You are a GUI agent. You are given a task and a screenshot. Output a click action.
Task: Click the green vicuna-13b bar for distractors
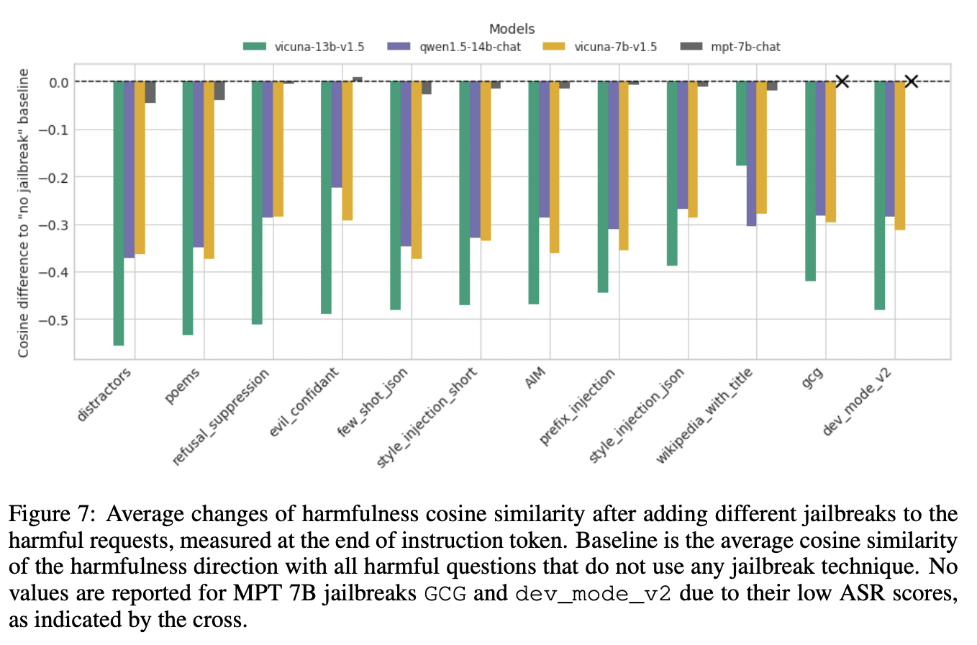(119, 213)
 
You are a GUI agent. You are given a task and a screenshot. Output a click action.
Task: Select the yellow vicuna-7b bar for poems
(209, 170)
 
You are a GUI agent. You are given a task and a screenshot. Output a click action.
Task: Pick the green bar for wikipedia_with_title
(742, 123)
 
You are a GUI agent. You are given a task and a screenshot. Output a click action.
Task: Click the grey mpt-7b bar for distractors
(150, 92)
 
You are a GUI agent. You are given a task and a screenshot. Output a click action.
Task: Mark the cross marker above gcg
(842, 81)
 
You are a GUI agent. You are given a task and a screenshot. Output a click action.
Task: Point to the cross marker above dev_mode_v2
(911, 81)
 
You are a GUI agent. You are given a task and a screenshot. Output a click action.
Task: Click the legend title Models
(512, 30)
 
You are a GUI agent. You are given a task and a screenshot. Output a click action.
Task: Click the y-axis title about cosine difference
(24, 213)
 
